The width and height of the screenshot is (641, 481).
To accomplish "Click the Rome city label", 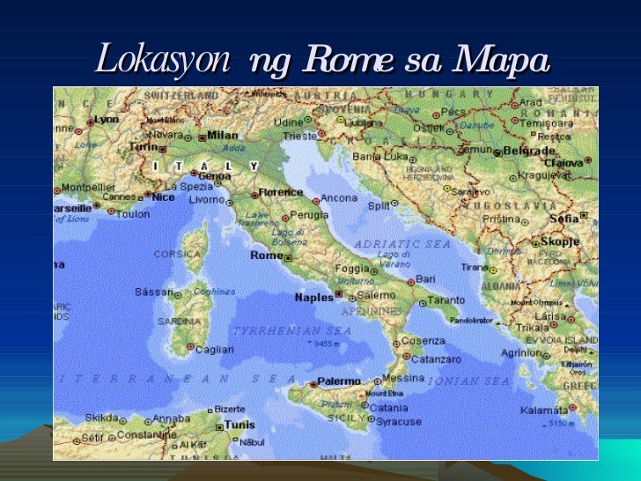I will (267, 255).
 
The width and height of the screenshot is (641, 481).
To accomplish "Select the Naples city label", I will (313, 298).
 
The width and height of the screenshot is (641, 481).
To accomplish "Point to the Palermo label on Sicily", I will (338, 381).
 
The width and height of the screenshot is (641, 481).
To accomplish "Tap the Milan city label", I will (222, 136).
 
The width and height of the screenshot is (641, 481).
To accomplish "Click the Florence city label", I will (280, 191).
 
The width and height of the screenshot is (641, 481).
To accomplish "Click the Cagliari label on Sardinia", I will (215, 350).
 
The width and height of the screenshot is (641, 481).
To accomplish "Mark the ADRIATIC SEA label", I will (402, 243).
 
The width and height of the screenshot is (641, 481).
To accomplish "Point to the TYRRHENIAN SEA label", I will (291, 330).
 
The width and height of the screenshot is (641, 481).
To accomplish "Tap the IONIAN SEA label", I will (468, 381).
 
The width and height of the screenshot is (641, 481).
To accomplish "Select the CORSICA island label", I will (178, 254).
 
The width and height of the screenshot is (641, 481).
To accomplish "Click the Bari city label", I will (425, 278).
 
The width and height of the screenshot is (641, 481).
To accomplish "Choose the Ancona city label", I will (338, 198).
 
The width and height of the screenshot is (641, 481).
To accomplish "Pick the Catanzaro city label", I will (437, 359).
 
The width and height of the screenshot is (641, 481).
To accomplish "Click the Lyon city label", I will (107, 119).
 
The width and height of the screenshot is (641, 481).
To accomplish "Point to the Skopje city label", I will (560, 240).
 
